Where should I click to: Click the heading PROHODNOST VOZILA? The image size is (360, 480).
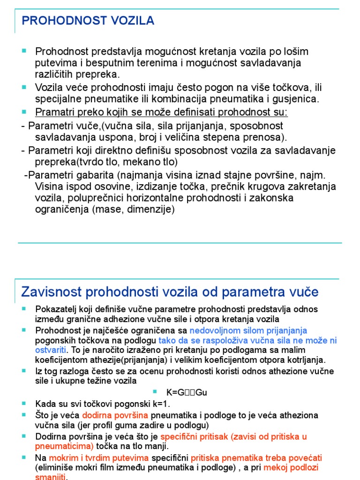[89, 21]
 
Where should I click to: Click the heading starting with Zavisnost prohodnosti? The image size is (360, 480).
[170, 292]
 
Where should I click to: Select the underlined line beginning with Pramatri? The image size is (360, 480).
[162, 112]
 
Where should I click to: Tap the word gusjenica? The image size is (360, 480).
[297, 99]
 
